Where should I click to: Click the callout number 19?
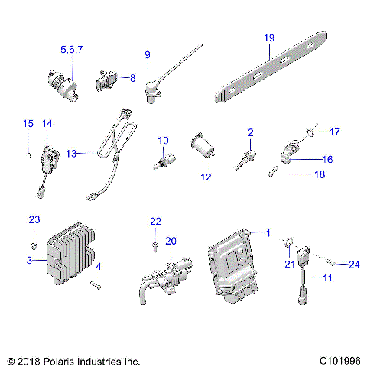pos(268,37)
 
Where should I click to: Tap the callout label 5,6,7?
pos(71,49)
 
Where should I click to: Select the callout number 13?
pos(71,153)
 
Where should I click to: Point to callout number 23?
pos(34,220)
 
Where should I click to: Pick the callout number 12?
pos(205,177)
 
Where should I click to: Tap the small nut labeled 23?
pos(35,245)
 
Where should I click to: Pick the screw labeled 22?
pos(154,246)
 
